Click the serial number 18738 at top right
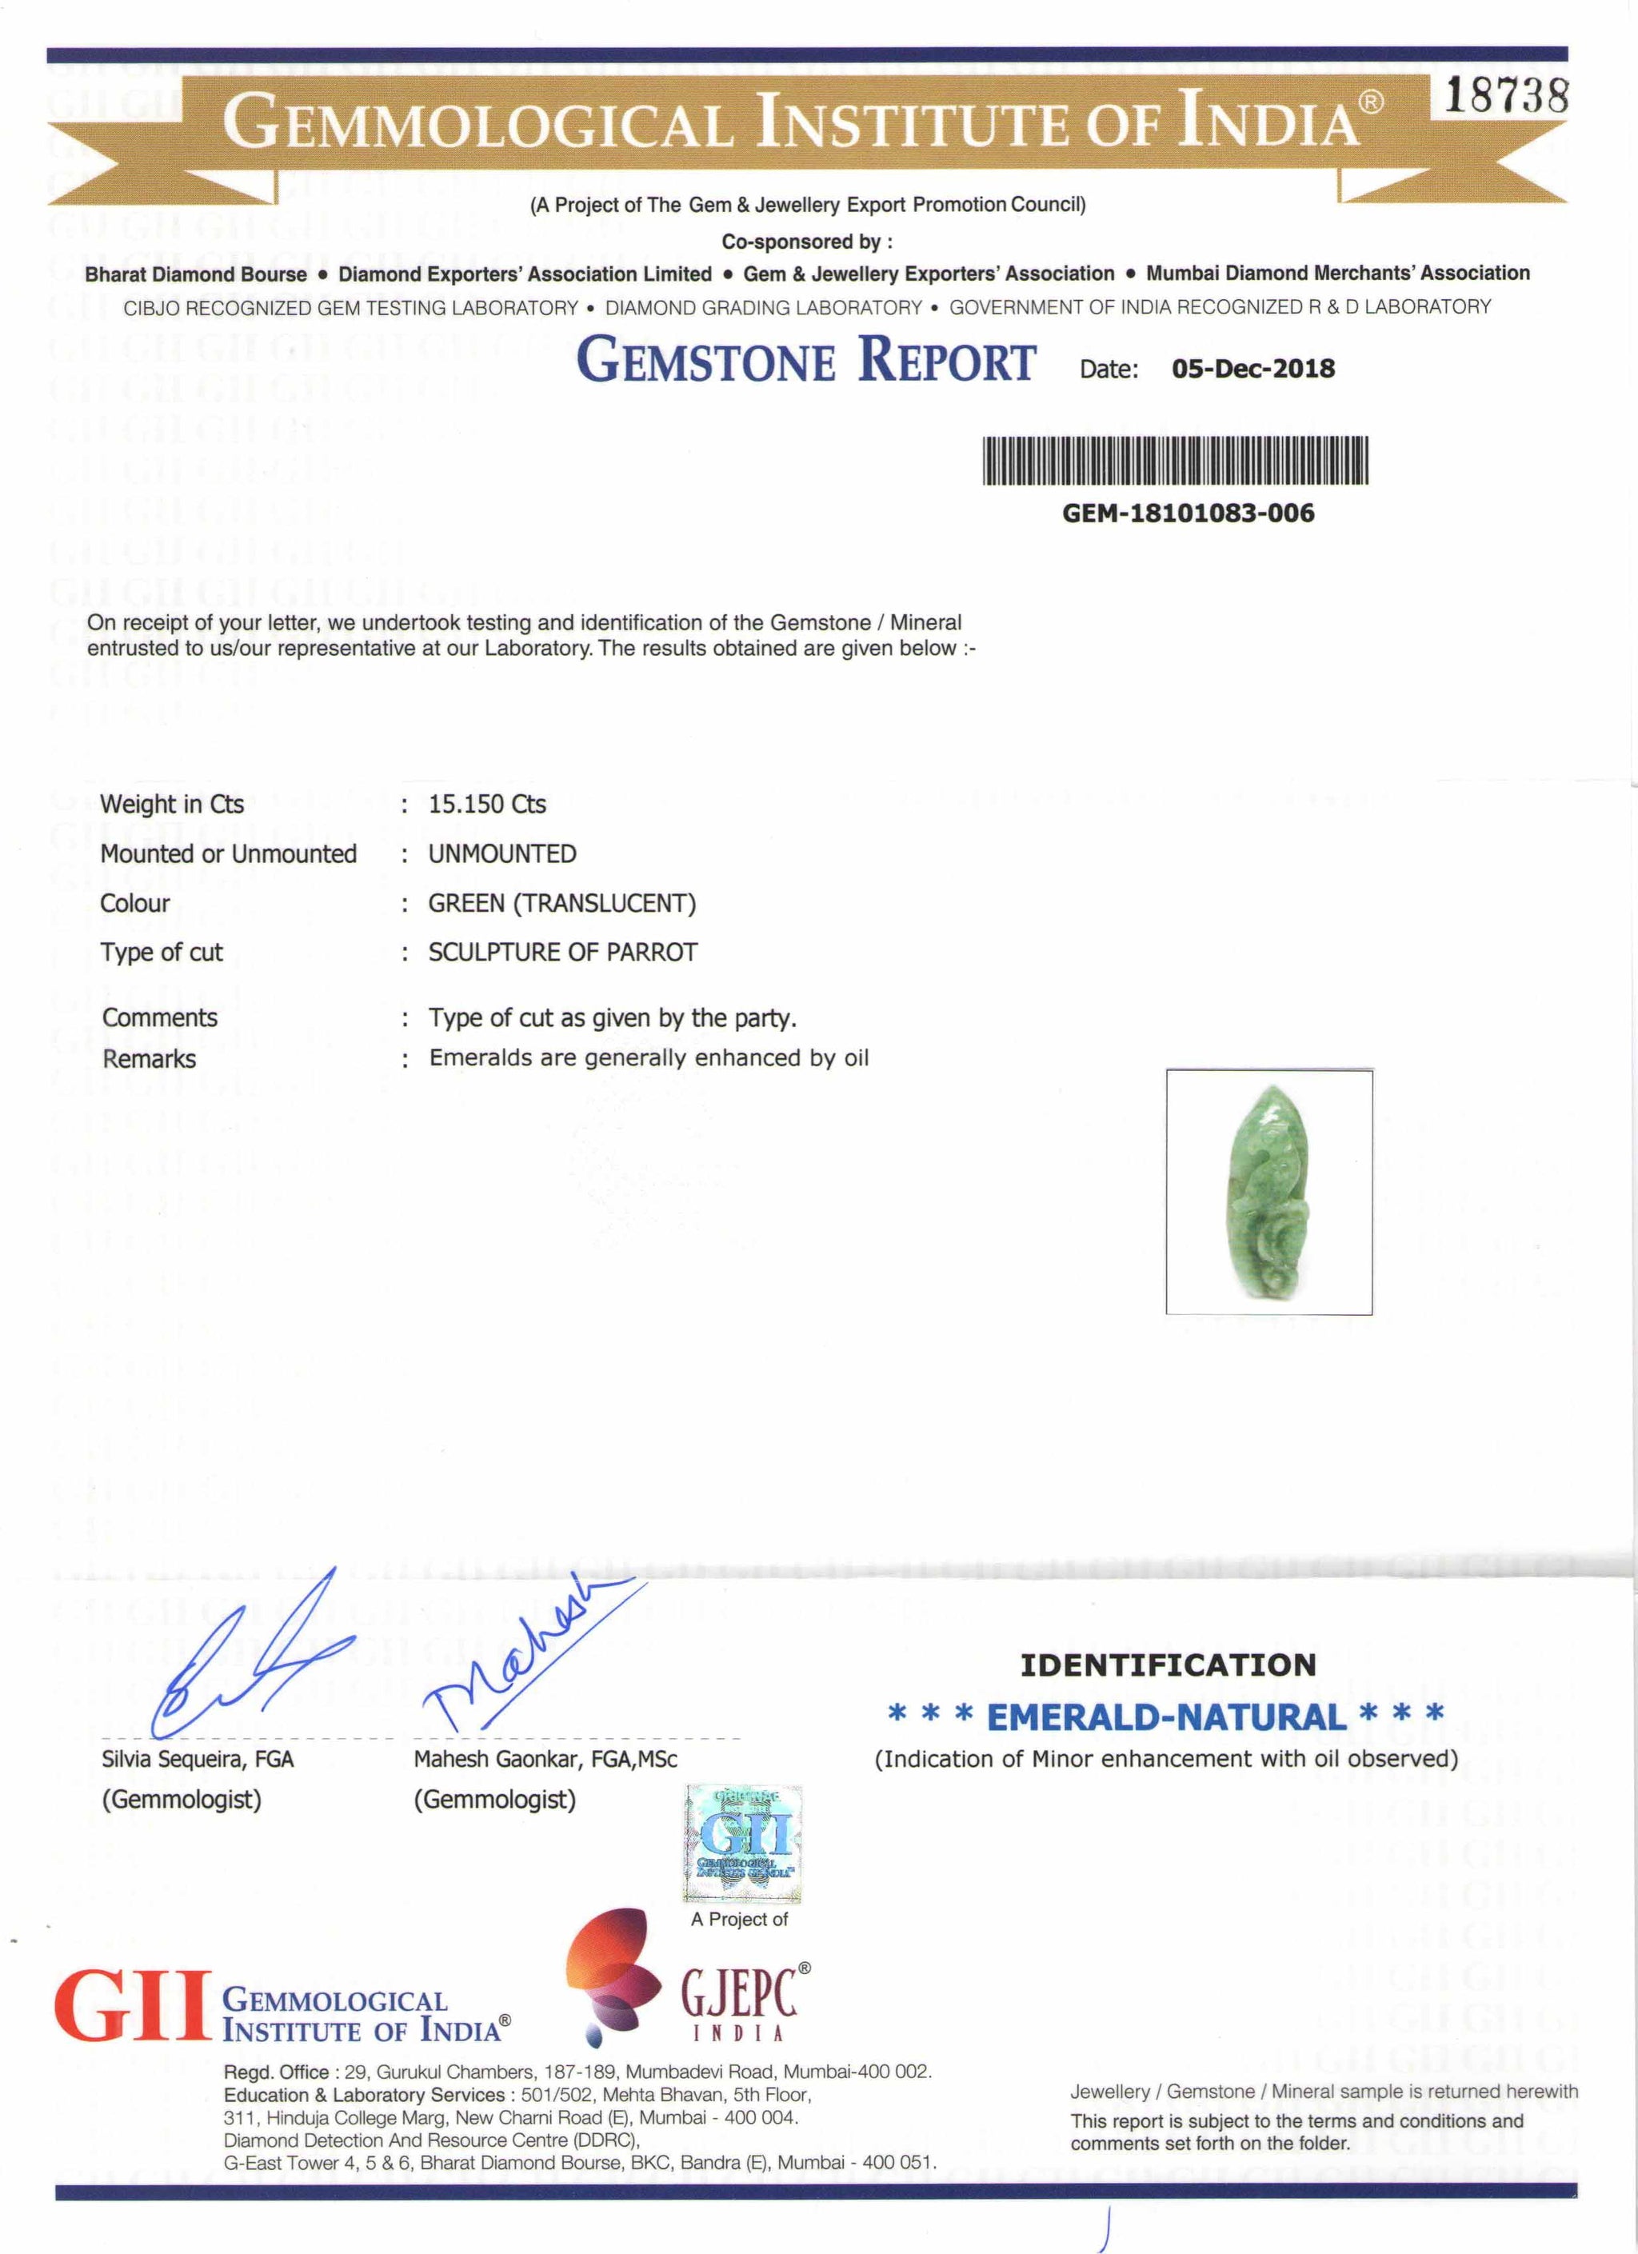click(1506, 97)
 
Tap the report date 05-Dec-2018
click(1252, 369)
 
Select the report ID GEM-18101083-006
click(1188, 514)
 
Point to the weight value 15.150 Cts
click(487, 804)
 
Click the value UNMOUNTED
click(502, 853)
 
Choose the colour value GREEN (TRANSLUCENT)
click(561, 903)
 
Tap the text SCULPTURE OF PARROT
click(562, 952)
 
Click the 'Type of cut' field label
click(161, 952)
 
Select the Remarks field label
click(149, 1060)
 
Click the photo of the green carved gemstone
click(1268, 1193)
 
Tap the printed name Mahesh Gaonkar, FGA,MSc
click(545, 1759)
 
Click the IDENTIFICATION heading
click(1168, 1665)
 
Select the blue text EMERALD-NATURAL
click(1165, 1716)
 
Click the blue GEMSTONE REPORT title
click(806, 360)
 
